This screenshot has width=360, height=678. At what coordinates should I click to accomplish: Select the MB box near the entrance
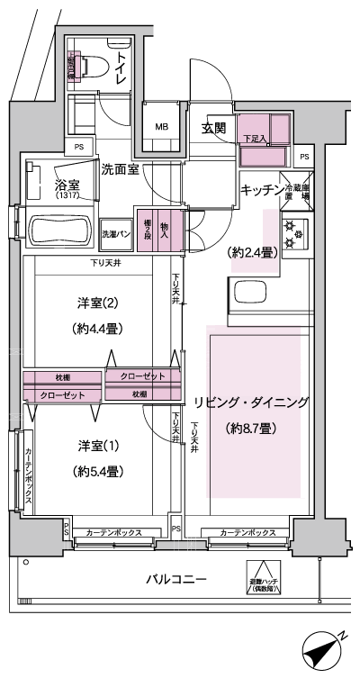pyautogui.click(x=162, y=127)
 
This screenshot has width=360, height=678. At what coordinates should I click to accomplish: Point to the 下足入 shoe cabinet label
pyautogui.click(x=255, y=140)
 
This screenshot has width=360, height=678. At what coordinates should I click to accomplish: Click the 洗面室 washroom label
pyautogui.click(x=119, y=168)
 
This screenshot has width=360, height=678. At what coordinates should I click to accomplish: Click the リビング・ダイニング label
pyautogui.click(x=251, y=402)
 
